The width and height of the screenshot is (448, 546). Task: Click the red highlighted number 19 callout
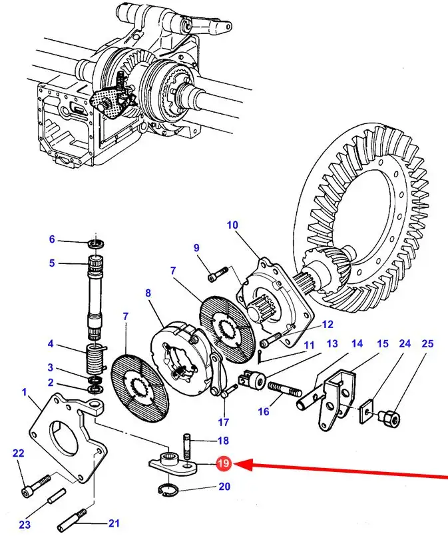(x=223, y=463)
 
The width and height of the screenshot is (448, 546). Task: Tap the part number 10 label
(x=232, y=225)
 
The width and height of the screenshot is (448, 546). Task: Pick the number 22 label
(x=19, y=453)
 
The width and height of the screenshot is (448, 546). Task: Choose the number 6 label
(x=52, y=240)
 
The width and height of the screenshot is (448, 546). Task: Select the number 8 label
(x=148, y=293)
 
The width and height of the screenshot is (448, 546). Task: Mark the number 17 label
(x=223, y=422)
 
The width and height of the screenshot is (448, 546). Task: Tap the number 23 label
(x=25, y=525)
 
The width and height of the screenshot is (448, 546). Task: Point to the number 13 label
(x=332, y=344)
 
